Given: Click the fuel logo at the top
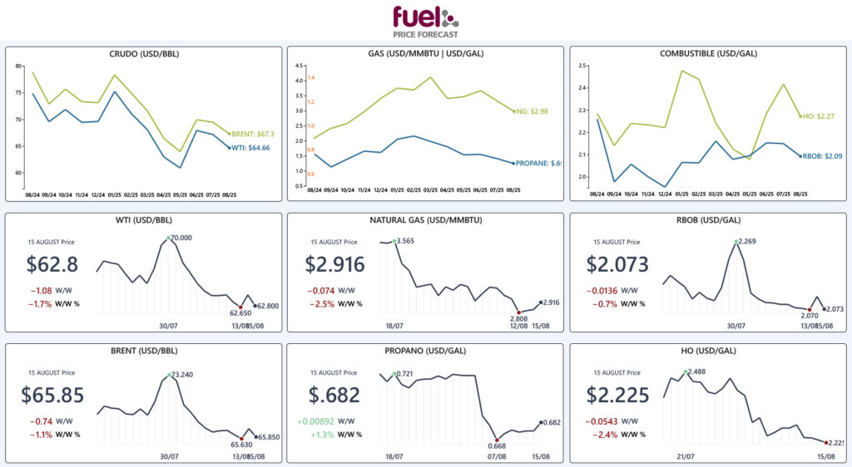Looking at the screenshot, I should tap(425, 20).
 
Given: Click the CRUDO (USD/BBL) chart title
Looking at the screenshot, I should tap(144, 54).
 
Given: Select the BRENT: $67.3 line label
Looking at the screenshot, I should tap(251, 133).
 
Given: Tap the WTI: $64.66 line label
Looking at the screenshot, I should tap(251, 148).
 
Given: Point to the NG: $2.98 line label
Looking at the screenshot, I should tap(533, 111).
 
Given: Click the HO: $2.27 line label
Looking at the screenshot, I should tap(816, 116).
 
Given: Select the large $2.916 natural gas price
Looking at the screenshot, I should tap(334, 265).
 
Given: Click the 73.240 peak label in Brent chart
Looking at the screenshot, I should tap(181, 375).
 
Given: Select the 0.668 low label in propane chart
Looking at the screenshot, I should tap(496, 450).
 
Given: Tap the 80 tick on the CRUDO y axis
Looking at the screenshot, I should tap(18, 66).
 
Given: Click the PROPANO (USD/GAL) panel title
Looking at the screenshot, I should tap(425, 350).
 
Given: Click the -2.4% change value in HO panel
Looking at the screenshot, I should tap(603, 434).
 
